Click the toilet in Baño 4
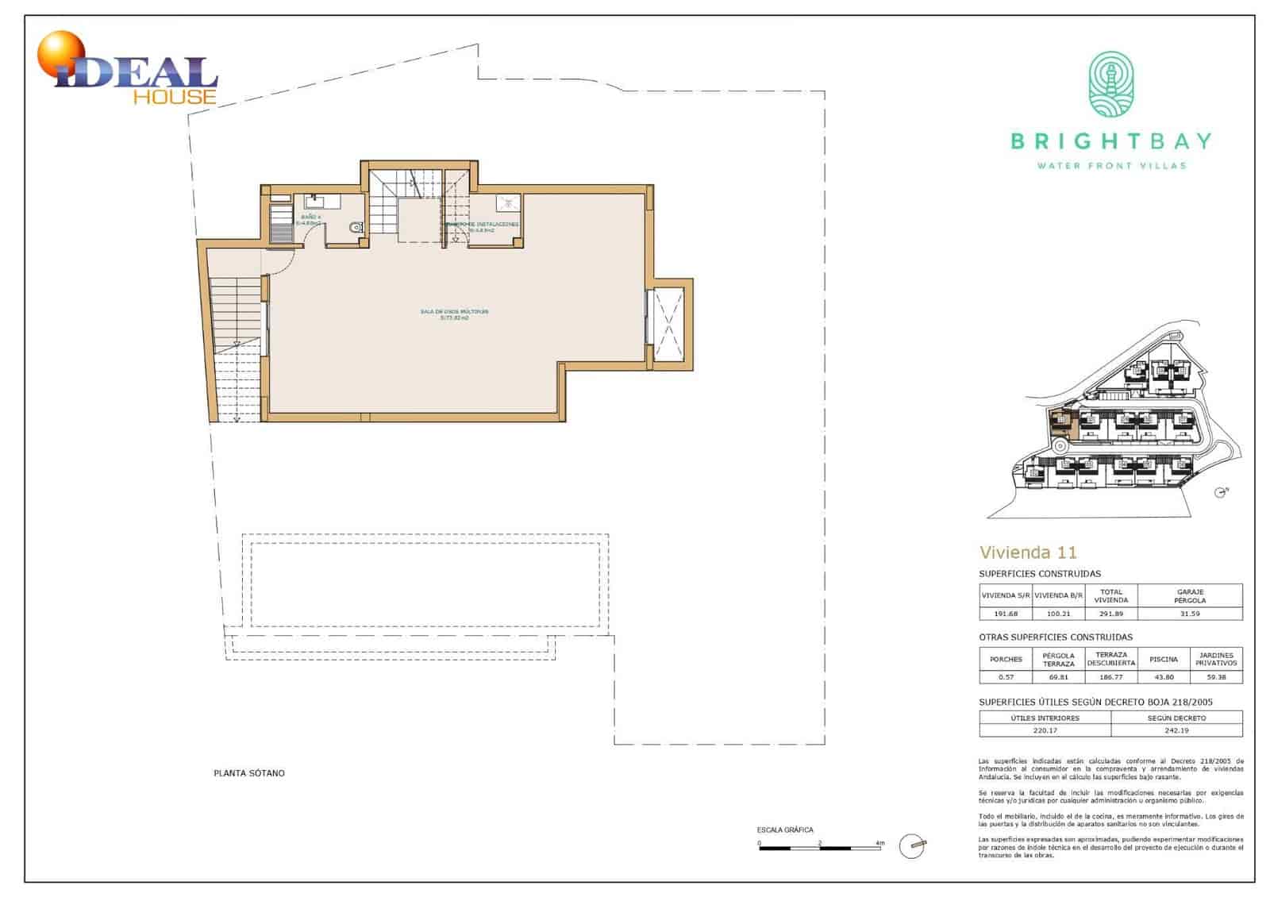pos(355,228)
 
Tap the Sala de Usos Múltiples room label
pos(454,314)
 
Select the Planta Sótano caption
pos(249,773)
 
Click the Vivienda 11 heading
pos(1028,552)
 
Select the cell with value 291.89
pos(1110,614)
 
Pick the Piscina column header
pos(1163,659)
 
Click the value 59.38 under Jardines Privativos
pos(1215,677)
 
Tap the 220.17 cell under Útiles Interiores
pos(1045,730)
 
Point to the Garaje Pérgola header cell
pos(1190,596)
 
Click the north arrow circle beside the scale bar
pos(912,846)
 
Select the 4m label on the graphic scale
pos(879,842)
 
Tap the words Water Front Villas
pos(1111,166)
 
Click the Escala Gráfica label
pos(784,830)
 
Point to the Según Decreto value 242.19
pos(1176,730)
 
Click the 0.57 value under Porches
pos(1006,677)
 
